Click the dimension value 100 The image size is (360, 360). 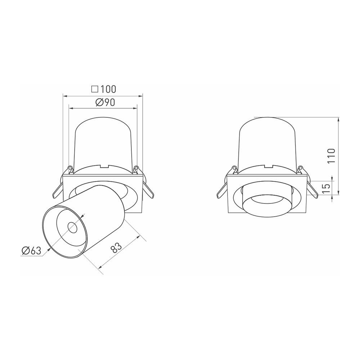click(x=108, y=89)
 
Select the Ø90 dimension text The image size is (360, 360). click(x=105, y=103)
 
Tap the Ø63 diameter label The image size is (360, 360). click(x=31, y=251)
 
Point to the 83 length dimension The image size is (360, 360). click(x=116, y=248)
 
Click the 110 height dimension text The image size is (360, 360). click(x=331, y=156)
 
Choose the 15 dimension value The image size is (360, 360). click(x=326, y=188)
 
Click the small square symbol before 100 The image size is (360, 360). click(x=95, y=89)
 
